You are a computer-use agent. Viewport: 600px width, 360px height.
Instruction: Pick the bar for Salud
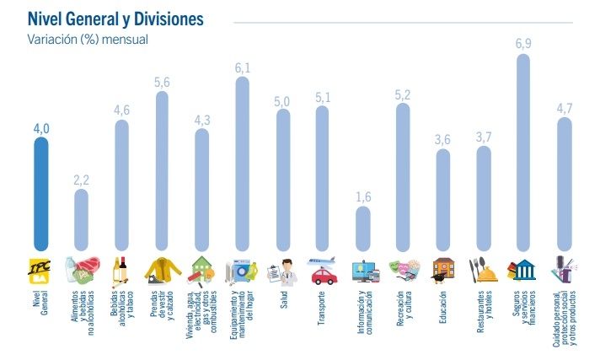[282, 180]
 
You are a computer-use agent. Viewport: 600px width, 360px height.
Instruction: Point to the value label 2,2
[81, 179]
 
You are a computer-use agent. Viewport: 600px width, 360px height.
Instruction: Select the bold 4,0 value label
[40, 128]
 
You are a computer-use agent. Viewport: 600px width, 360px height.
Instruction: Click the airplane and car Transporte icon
[322, 269]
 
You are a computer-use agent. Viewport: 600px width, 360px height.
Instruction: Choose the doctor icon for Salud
[282, 271]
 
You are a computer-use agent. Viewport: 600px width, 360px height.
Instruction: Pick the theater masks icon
[403, 269]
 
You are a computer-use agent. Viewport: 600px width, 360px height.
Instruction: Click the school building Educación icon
[443, 269]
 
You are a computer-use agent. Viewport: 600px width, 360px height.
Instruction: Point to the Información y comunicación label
[362, 313]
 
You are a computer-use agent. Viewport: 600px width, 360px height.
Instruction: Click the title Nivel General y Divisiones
[115, 18]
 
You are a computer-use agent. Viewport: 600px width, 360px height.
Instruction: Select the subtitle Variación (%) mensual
[88, 39]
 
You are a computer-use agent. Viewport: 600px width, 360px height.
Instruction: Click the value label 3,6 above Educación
[443, 139]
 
